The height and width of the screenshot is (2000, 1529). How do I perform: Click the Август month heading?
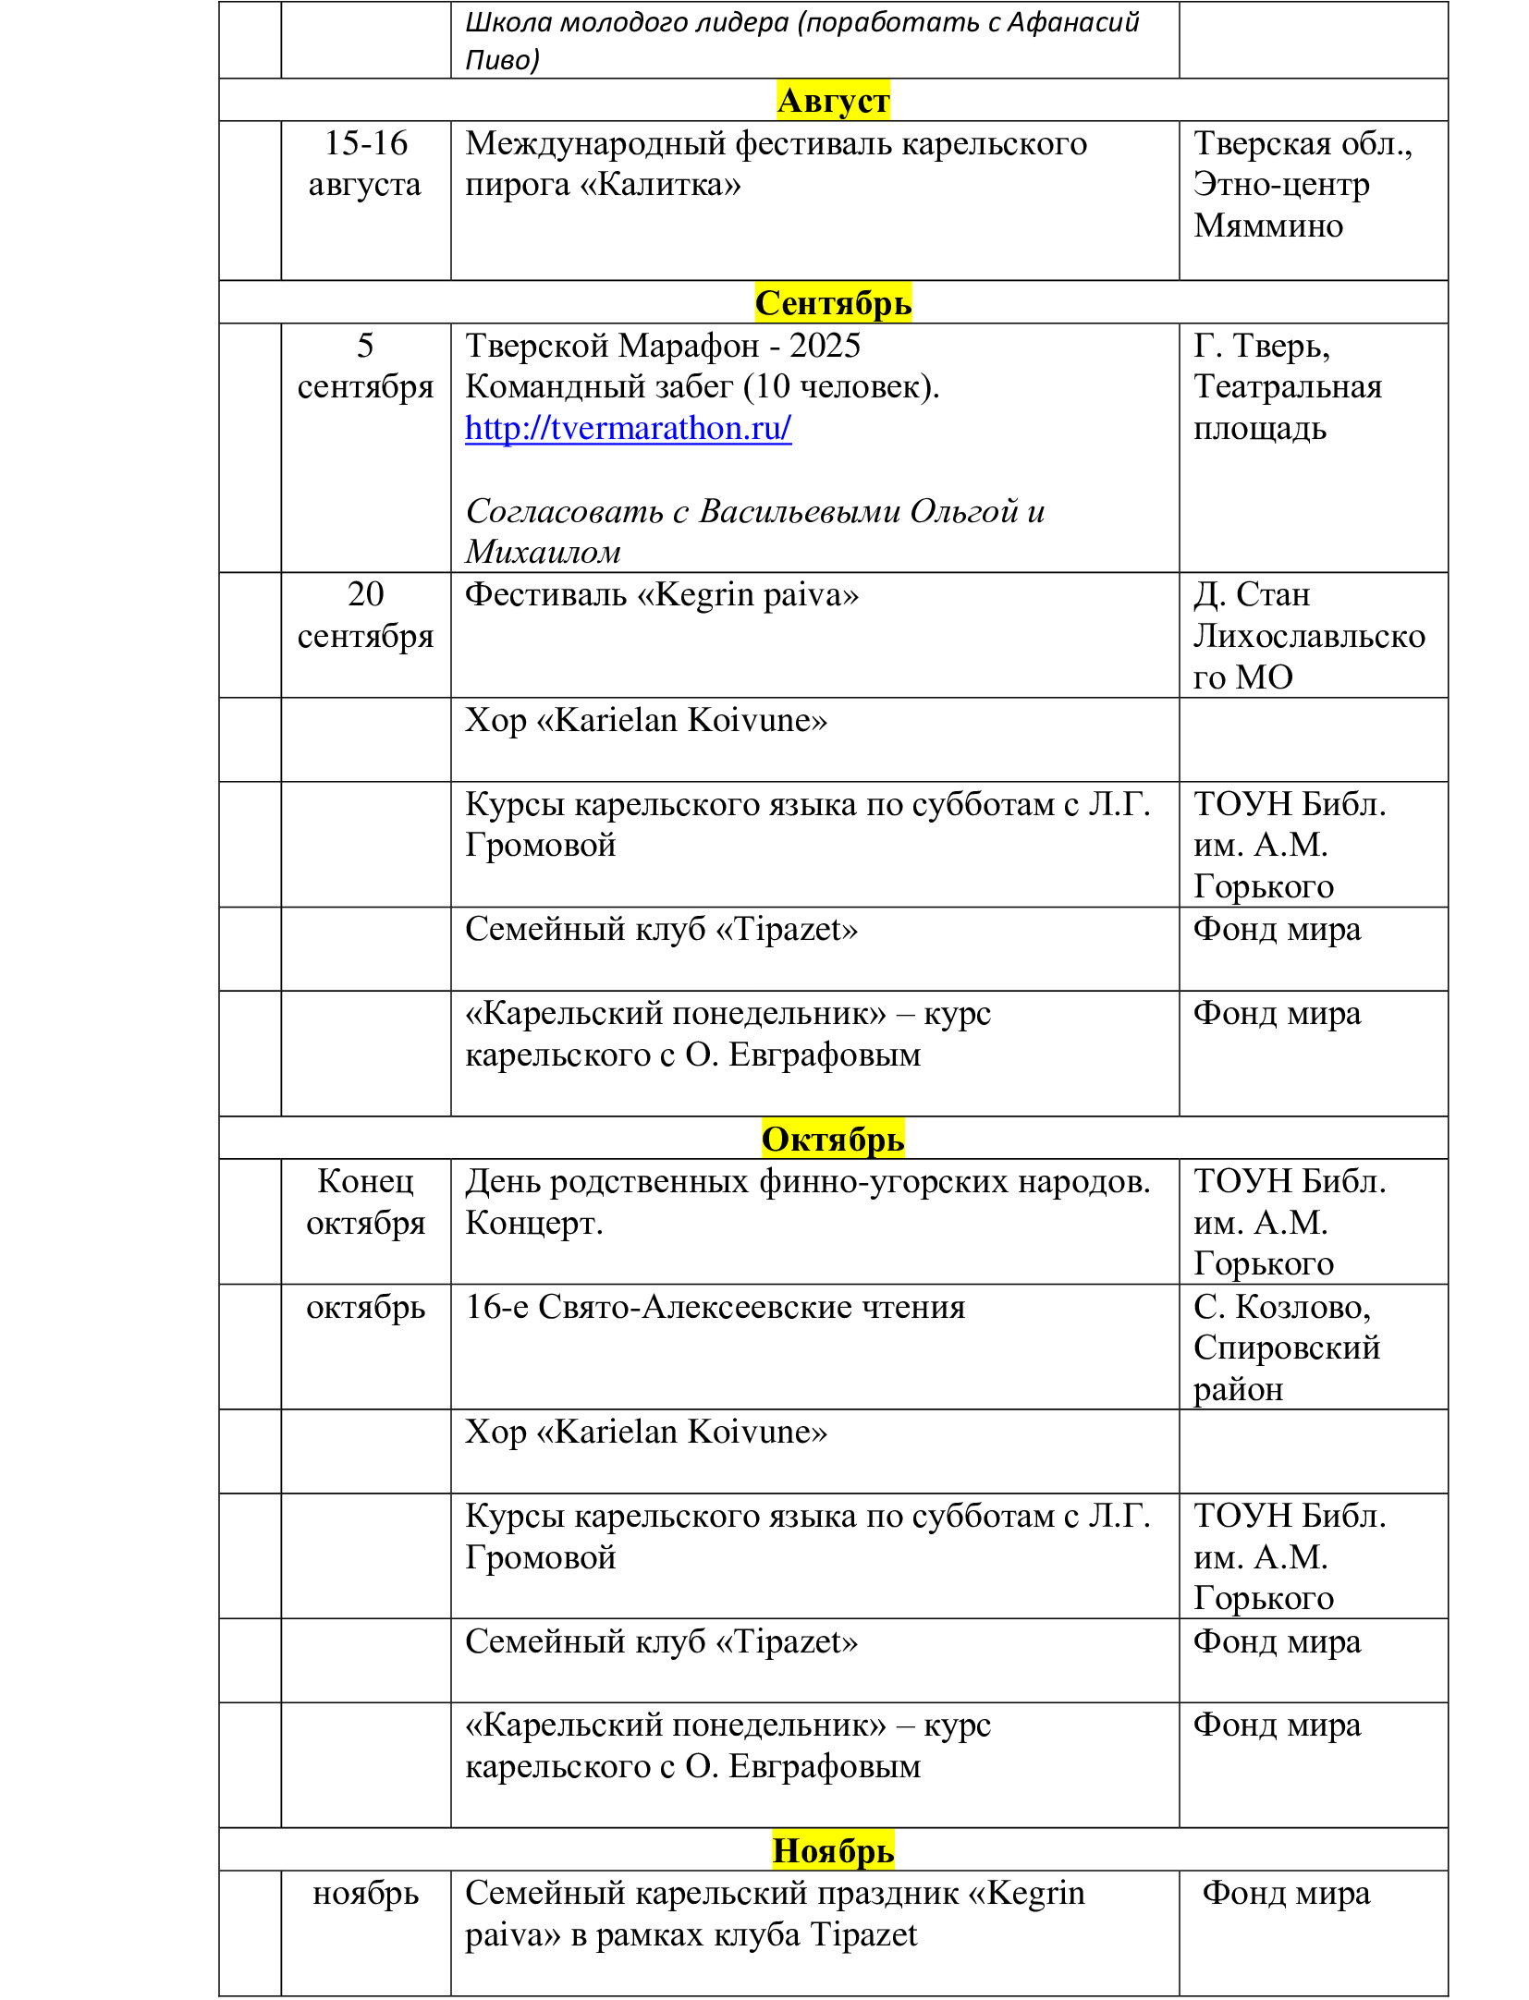point(832,100)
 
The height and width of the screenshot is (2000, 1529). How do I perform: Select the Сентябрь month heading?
point(832,302)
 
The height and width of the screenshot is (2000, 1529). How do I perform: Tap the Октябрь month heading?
point(832,1139)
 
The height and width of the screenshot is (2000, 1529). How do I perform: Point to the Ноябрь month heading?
point(832,1850)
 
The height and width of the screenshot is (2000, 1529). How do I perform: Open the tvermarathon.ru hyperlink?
point(628,428)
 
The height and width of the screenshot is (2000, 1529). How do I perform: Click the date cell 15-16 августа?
point(365,164)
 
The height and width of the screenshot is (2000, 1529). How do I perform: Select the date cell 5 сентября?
point(365,366)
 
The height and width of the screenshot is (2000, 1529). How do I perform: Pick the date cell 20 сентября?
point(365,615)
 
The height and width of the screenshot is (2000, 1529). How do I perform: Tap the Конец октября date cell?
point(365,1201)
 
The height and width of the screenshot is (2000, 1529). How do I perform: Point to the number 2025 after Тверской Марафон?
point(825,346)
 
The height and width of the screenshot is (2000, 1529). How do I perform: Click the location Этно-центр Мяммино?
point(1280,204)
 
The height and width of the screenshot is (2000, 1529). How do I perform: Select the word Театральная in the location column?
point(1287,386)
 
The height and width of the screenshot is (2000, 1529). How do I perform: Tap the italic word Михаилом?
point(543,552)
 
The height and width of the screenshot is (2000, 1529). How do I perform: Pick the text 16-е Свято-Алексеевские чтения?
point(715,1307)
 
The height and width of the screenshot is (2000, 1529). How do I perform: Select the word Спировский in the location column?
point(1286,1348)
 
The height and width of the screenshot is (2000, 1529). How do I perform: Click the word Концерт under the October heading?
point(533,1223)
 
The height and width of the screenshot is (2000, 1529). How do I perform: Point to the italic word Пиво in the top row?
point(500,60)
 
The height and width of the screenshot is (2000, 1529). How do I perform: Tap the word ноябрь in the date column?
point(365,1893)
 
